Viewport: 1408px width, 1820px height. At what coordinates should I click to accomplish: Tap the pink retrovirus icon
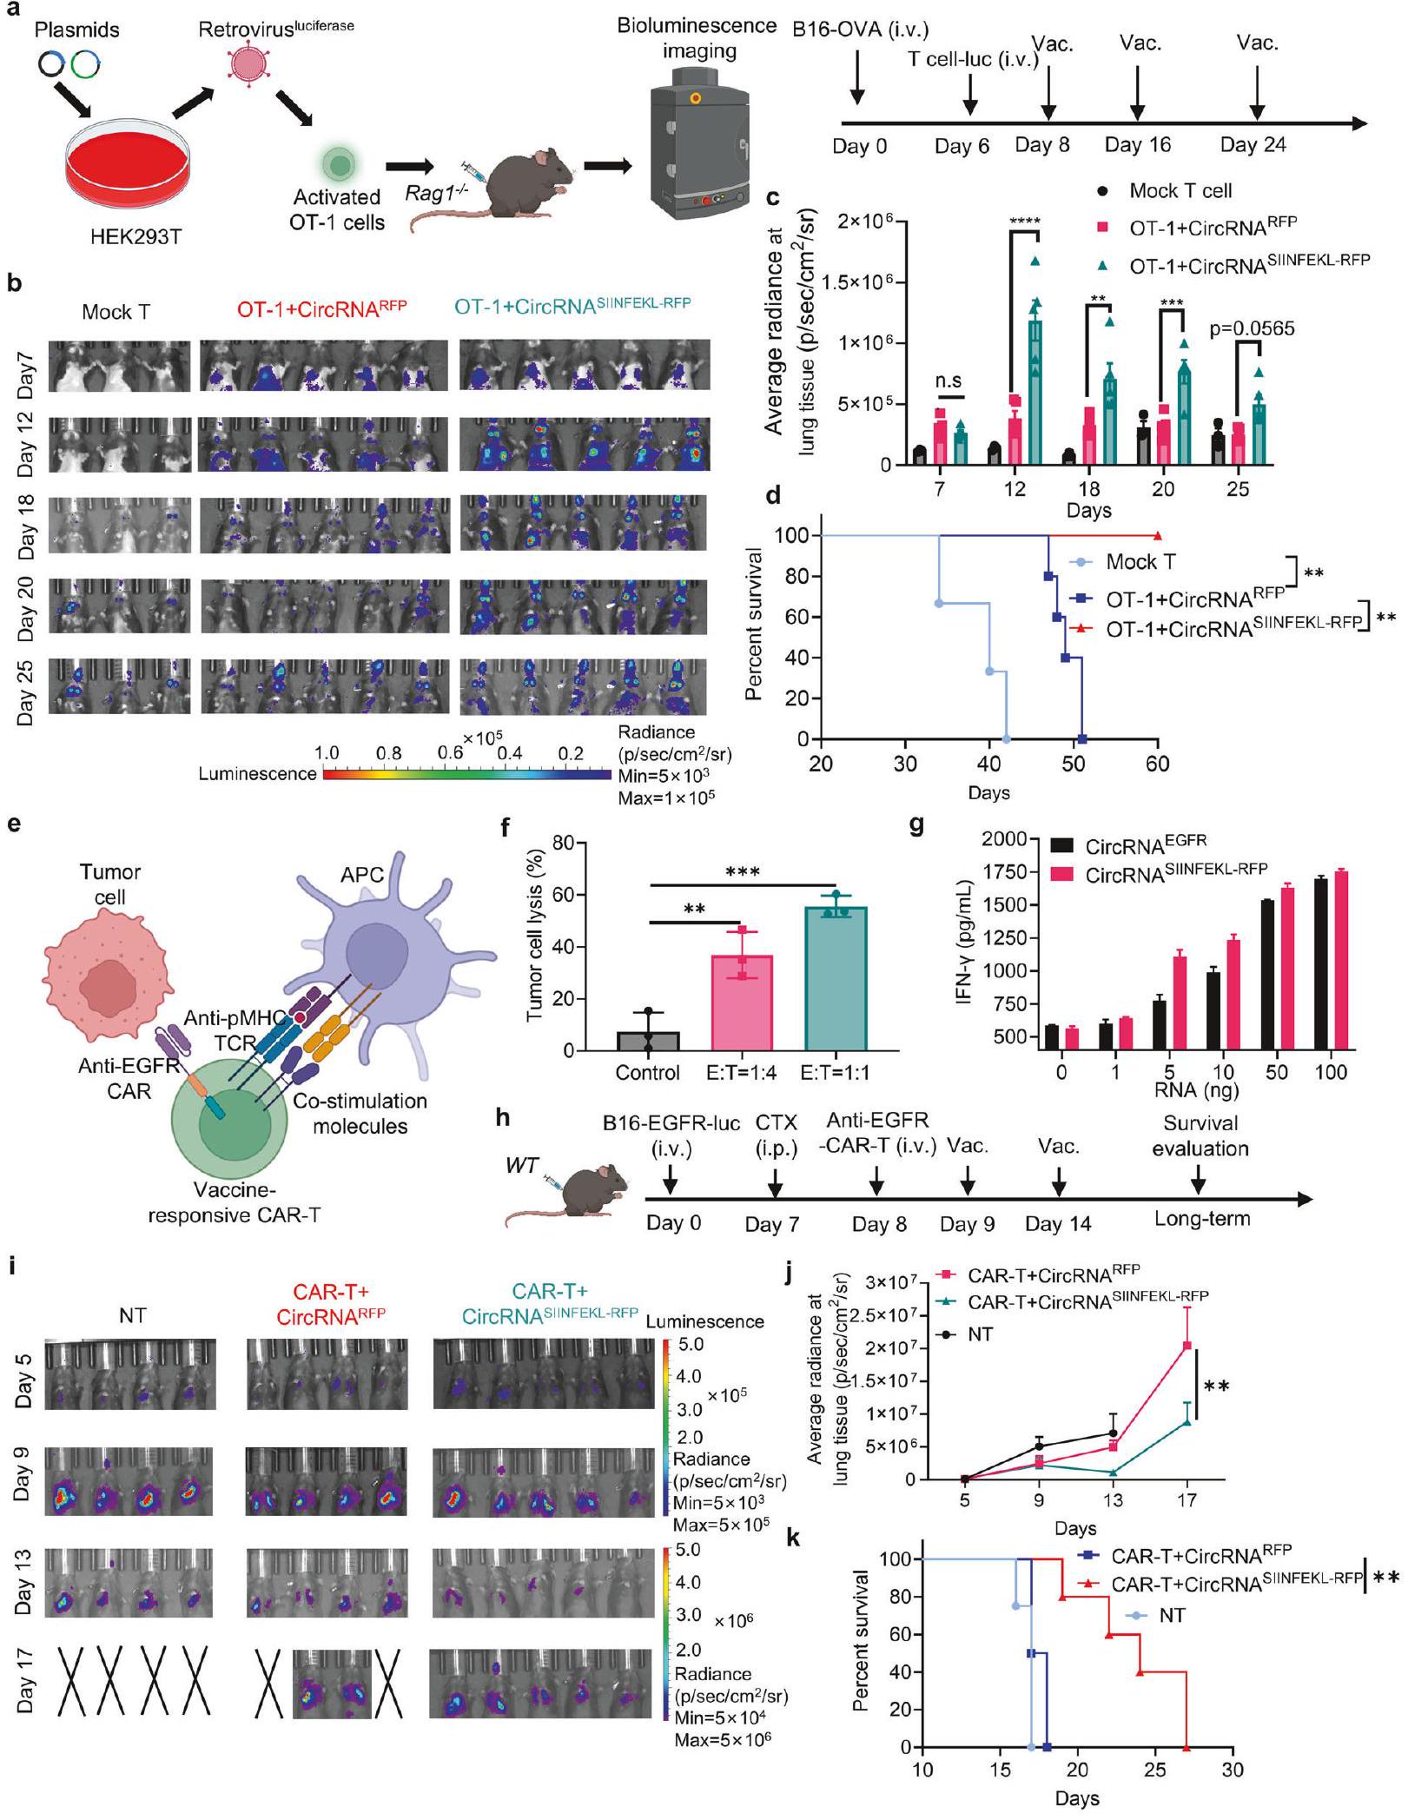pos(249,65)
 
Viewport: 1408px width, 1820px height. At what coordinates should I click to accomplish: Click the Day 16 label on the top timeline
pos(1137,145)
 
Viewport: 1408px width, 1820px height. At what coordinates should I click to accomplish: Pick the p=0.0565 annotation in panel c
pos(1252,328)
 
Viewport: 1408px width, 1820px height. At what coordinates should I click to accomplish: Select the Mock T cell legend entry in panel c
pos(1180,190)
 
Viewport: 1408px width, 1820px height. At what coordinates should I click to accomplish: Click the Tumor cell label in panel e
pos(109,884)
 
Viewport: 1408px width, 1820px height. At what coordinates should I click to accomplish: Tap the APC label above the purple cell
pos(362,875)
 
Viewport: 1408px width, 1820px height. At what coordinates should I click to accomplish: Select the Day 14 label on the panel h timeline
pos(1057,1224)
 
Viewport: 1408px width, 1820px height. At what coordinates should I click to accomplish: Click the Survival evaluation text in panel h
pos(1200,1135)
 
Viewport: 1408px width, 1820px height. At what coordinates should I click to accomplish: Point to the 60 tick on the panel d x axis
pos(1158,764)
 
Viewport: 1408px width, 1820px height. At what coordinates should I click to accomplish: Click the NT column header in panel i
pos(132,1316)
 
